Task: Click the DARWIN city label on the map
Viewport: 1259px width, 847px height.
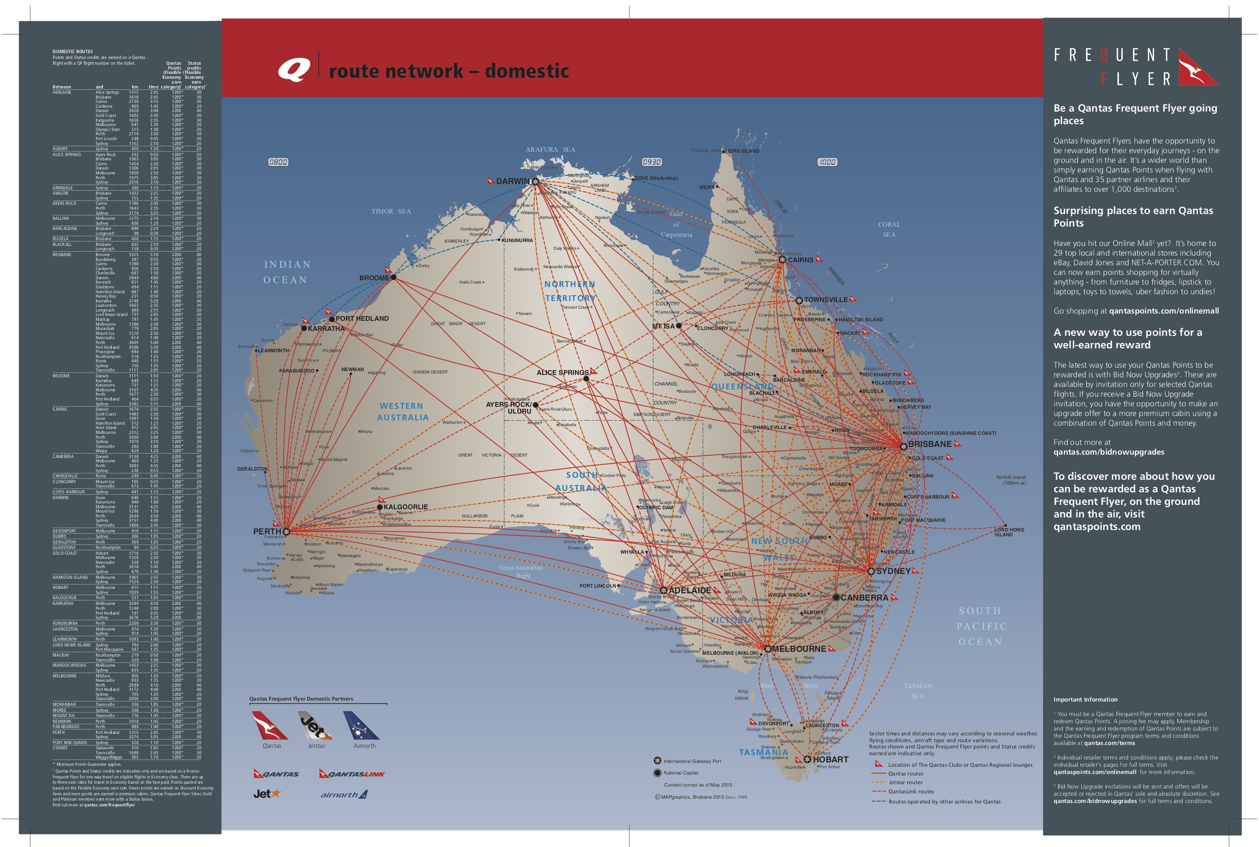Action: [512, 182]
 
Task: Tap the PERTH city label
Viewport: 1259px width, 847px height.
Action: [267, 531]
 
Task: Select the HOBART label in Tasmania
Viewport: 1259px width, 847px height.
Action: [830, 760]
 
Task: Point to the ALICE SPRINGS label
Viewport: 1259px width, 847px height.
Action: [562, 373]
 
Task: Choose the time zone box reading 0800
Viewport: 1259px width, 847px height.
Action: [278, 162]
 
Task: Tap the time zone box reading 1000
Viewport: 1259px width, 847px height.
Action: [827, 162]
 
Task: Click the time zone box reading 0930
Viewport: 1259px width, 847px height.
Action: [652, 162]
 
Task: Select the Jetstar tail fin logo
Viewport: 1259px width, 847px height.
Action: [315, 725]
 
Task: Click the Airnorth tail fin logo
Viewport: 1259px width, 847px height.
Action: [361, 725]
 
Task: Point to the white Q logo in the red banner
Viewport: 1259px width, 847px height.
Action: [294, 70]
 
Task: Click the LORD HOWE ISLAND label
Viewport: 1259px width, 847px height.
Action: [1009, 532]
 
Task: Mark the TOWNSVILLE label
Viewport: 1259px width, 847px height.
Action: [826, 300]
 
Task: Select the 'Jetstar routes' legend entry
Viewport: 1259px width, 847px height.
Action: [905, 783]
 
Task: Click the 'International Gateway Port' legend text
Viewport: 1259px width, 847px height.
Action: [692, 761]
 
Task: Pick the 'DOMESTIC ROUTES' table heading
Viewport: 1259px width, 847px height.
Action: [72, 52]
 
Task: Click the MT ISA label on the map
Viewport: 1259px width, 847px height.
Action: [663, 326]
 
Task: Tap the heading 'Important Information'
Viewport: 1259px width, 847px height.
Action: [1085, 700]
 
